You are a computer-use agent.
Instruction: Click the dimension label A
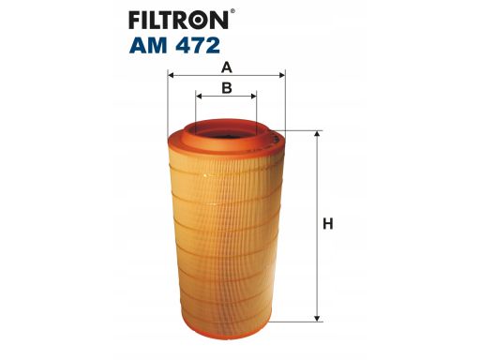(x=226, y=67)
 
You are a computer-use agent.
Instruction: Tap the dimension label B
(x=226, y=88)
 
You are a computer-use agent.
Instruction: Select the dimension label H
(x=328, y=225)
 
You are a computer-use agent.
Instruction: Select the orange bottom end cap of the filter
(x=226, y=322)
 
